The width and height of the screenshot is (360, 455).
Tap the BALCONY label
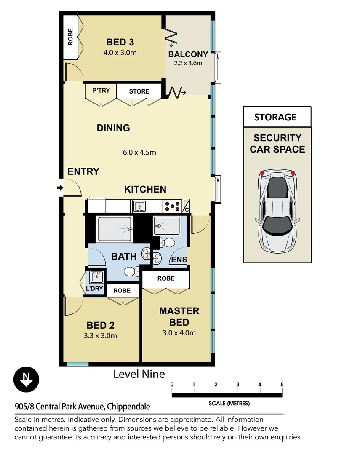click(188, 54)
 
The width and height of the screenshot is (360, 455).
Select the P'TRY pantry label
click(101, 91)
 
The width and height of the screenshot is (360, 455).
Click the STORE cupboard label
click(139, 91)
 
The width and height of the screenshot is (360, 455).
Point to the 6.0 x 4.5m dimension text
click(139, 152)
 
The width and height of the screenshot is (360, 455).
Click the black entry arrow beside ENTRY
click(60, 187)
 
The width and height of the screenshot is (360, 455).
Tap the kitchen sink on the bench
click(139, 206)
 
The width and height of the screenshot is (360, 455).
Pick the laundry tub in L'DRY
click(96, 277)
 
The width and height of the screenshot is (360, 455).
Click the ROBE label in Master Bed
click(166, 278)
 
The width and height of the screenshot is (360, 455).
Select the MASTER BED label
click(179, 317)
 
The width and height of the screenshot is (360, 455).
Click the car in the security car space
click(277, 209)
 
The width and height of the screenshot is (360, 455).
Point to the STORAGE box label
click(275, 118)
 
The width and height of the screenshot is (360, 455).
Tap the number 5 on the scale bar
click(282, 384)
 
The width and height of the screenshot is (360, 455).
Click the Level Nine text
click(139, 374)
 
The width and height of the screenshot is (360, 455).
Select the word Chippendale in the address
click(128, 407)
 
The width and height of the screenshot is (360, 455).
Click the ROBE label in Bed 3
click(70, 37)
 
